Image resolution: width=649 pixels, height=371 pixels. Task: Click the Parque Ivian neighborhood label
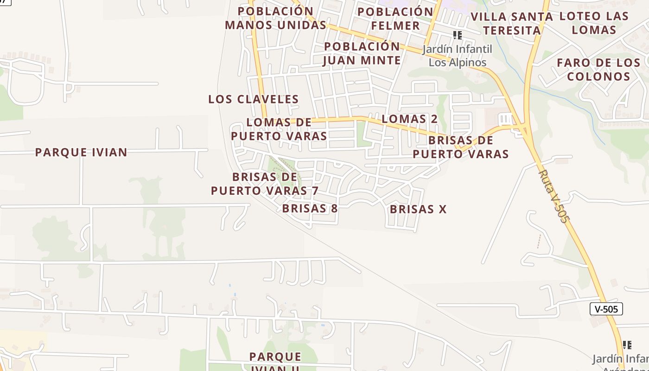tap(81, 152)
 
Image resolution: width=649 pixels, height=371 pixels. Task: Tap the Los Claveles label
tap(254, 99)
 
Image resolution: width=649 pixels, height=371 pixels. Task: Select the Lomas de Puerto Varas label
tap(279, 129)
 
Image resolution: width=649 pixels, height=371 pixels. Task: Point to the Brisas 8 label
tap(310, 209)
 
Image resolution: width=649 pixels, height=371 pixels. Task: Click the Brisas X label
tap(418, 209)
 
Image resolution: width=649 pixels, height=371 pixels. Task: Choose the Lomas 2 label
tap(409, 119)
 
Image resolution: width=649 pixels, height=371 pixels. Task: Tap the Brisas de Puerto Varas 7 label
tap(265, 184)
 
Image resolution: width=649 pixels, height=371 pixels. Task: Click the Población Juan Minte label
tap(362, 53)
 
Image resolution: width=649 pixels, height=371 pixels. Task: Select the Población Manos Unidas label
tap(276, 18)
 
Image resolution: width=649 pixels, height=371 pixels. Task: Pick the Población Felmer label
tap(395, 18)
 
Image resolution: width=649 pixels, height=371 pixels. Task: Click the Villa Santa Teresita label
tap(512, 24)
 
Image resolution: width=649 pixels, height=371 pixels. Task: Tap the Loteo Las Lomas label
tap(594, 23)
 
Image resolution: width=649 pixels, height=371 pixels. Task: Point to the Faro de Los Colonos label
tap(598, 69)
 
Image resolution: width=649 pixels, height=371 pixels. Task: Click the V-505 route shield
tap(606, 309)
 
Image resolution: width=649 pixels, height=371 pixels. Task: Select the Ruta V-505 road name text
tap(553, 196)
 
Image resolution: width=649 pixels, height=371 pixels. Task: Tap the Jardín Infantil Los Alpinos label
tap(457, 56)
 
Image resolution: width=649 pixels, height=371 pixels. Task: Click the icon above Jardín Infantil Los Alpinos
tap(458, 35)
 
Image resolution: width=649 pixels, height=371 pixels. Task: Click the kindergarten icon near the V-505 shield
tap(627, 345)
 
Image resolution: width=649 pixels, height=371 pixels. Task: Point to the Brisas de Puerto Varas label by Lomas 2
tap(461, 147)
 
